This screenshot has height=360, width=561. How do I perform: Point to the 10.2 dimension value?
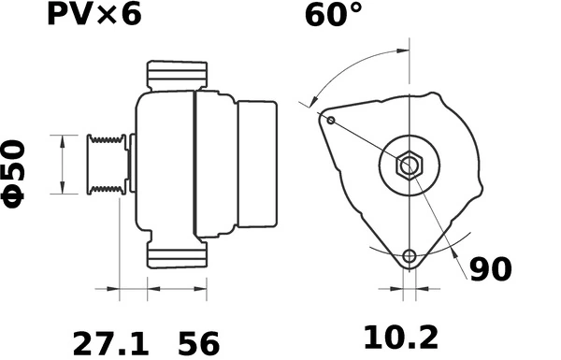click(x=401, y=336)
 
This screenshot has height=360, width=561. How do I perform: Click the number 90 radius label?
click(x=490, y=269)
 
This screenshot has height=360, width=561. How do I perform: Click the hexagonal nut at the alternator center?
click(x=410, y=166)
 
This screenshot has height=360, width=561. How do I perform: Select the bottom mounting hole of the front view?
click(x=409, y=256)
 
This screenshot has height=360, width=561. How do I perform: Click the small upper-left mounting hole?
click(x=330, y=119)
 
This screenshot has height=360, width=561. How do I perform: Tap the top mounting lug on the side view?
click(x=177, y=76)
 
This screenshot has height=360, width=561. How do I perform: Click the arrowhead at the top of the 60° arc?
click(x=403, y=50)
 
